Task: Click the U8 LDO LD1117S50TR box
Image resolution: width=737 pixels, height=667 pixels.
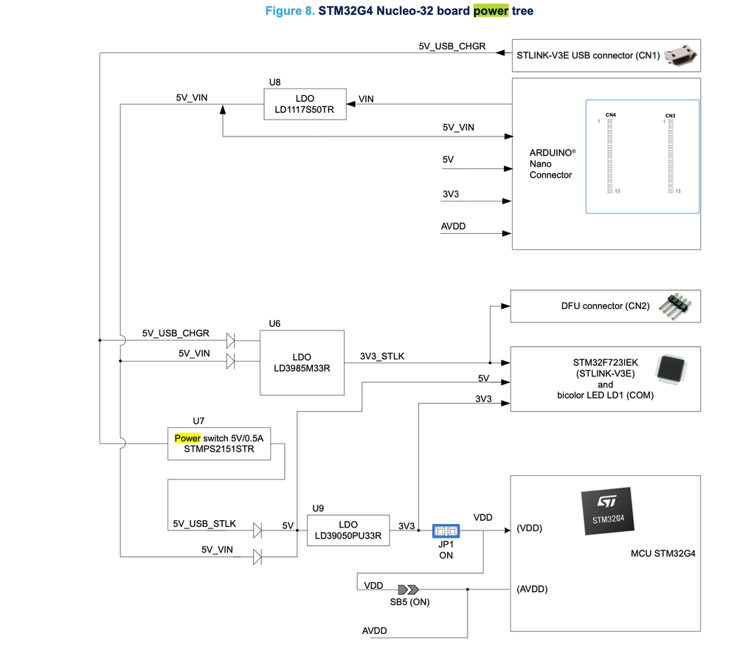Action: [x=305, y=105]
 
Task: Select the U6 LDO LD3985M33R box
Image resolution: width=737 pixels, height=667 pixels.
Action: [x=302, y=362]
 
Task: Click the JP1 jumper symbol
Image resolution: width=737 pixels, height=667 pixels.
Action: [x=446, y=531]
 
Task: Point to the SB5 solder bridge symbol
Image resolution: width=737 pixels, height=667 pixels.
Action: [x=408, y=590]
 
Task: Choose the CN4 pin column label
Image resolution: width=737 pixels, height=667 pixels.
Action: [x=610, y=115]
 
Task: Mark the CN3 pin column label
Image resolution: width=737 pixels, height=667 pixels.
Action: [x=670, y=116]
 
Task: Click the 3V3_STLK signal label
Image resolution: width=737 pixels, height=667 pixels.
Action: [x=381, y=356]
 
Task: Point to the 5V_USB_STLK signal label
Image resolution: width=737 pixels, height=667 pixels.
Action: [x=204, y=523]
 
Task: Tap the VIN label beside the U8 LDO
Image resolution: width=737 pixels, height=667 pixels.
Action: [x=365, y=99]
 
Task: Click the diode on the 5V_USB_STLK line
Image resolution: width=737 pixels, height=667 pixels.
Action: [x=257, y=531]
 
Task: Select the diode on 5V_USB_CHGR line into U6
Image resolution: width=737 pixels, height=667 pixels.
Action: [x=230, y=341]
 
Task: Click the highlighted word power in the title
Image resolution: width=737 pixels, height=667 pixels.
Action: [x=491, y=11]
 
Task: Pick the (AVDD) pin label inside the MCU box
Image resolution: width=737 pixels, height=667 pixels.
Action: [x=532, y=589]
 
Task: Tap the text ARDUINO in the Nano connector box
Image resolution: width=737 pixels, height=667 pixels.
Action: [x=550, y=152]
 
